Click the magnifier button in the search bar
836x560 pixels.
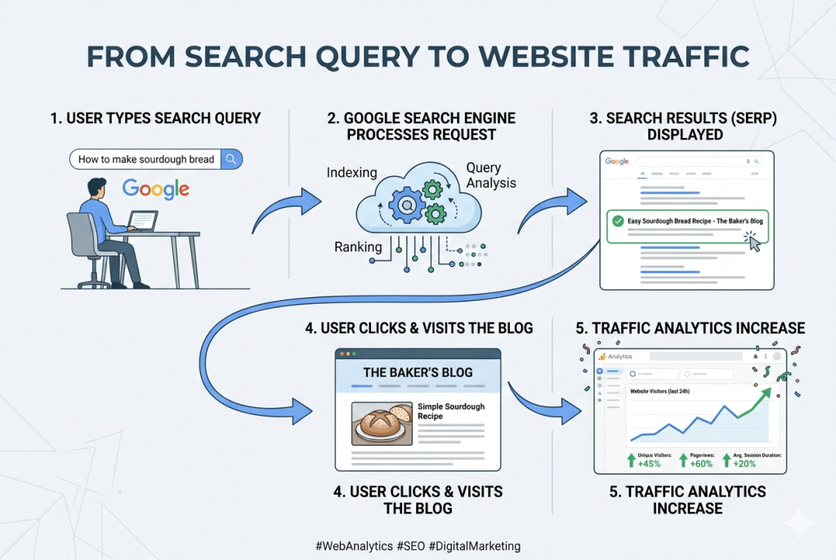tap(232, 159)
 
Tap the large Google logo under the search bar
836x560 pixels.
tap(155, 189)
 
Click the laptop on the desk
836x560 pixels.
tap(143, 221)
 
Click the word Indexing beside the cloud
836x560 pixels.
tap(351, 173)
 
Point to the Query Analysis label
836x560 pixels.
tap(490, 175)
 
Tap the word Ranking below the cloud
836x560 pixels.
tap(357, 247)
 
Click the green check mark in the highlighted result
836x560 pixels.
tap(617, 220)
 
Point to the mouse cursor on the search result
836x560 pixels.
tap(753, 242)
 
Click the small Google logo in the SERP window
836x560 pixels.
tap(617, 162)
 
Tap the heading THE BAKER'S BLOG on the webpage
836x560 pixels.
tap(418, 372)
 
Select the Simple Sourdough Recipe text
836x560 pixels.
tap(450, 411)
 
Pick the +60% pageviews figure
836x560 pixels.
tap(700, 463)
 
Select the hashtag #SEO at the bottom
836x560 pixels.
tap(410, 546)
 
